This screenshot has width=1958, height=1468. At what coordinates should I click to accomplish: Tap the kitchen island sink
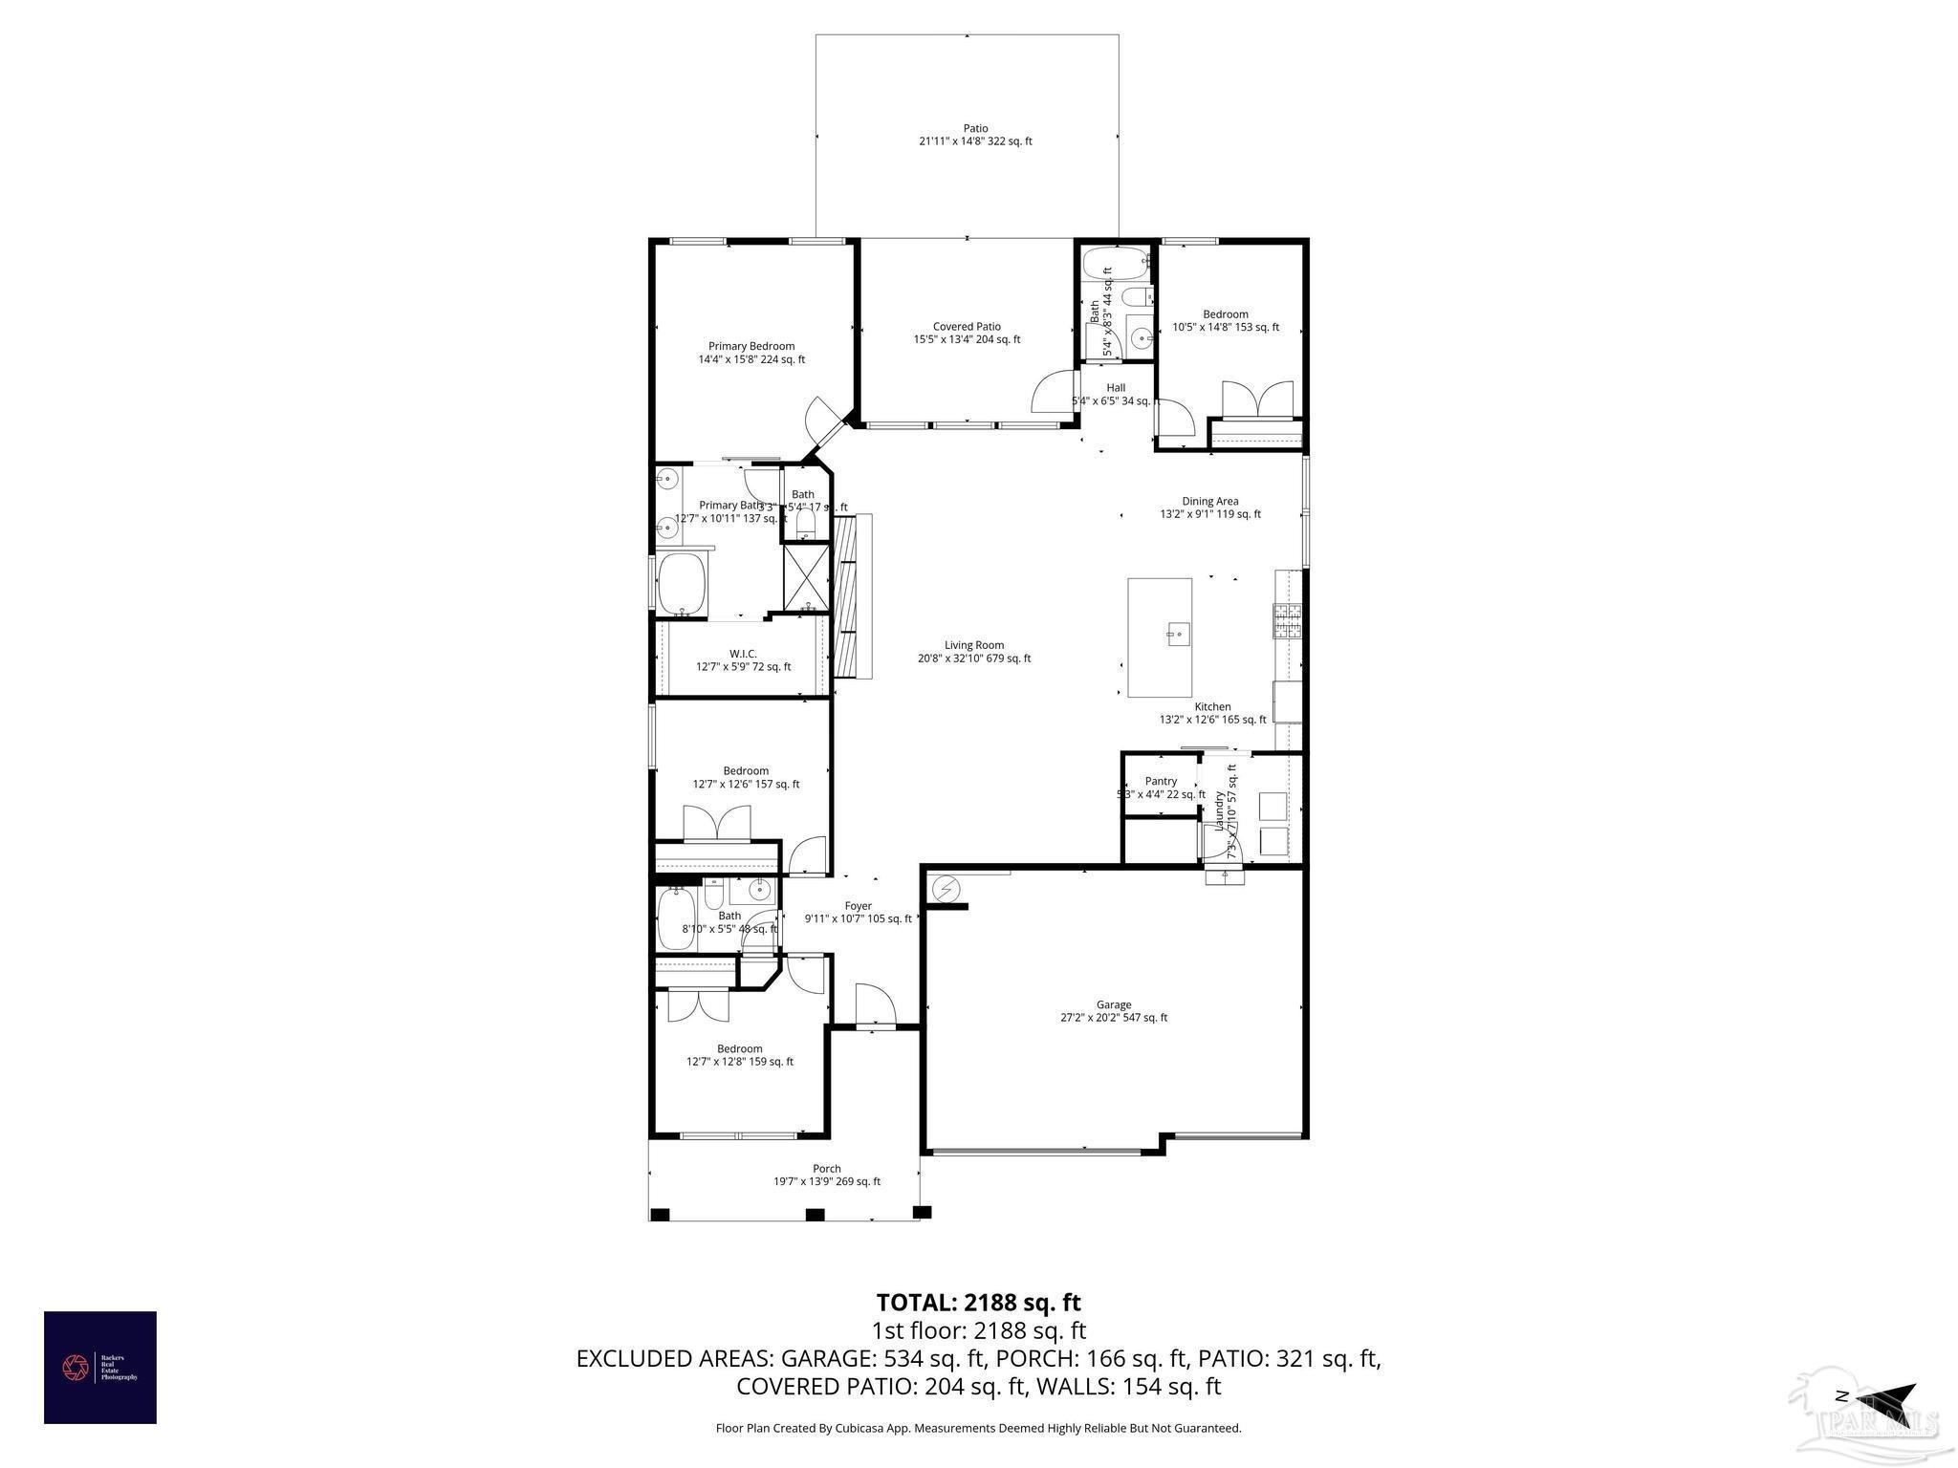(x=1177, y=632)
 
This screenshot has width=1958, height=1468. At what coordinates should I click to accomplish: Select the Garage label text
(x=1113, y=1004)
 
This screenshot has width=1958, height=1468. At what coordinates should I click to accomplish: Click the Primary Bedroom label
(x=751, y=346)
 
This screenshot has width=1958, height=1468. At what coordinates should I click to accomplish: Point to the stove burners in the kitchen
(x=1288, y=621)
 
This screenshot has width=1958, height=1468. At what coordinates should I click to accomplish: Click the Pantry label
(x=1161, y=781)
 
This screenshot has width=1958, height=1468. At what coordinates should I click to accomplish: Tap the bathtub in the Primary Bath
(x=682, y=583)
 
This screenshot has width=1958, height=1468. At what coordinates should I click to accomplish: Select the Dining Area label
(x=1210, y=501)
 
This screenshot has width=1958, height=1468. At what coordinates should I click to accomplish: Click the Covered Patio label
(x=967, y=327)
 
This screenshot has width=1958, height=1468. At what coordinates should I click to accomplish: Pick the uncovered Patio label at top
(x=975, y=128)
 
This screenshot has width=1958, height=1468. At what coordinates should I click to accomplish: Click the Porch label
(x=827, y=1168)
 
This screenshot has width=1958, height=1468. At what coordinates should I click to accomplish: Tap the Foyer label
(x=858, y=906)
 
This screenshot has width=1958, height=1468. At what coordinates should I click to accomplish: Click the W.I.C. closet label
(x=743, y=654)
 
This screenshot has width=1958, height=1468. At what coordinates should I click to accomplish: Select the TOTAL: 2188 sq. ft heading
(x=978, y=1302)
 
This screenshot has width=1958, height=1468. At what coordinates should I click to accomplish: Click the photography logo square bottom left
(x=99, y=1368)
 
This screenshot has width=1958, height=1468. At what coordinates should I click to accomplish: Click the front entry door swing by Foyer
(x=874, y=1005)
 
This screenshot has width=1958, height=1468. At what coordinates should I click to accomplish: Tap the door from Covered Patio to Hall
(x=1055, y=391)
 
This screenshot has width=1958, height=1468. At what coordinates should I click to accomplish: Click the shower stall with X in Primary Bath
(x=806, y=577)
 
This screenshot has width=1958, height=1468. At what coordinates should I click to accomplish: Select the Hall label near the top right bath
(x=1116, y=387)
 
